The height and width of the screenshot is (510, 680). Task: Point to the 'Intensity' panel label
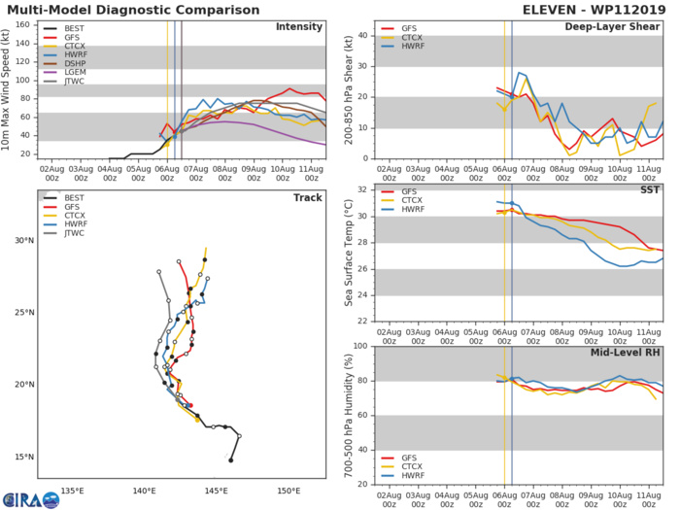(x=300, y=26)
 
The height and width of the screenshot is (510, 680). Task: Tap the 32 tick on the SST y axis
(x=365, y=189)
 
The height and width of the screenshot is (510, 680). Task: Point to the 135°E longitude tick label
(x=73, y=491)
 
